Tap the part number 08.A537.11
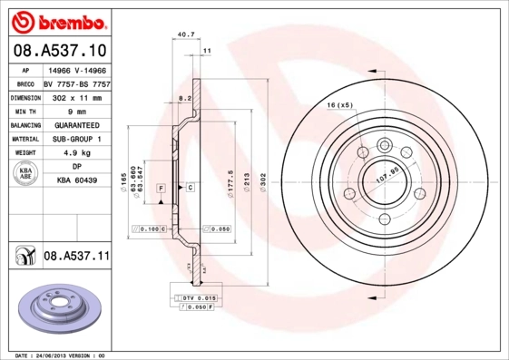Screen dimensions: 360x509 pyautogui.click(x=76, y=257)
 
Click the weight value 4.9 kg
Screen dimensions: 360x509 pyautogui.click(x=77, y=153)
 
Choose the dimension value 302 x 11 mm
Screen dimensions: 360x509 pyautogui.click(x=77, y=96)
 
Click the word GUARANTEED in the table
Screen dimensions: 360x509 pyautogui.click(x=77, y=124)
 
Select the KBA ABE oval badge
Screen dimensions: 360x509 pyautogui.click(x=24, y=174)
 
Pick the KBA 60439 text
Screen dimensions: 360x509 pyautogui.click(x=77, y=181)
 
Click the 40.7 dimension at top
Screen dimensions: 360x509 pyautogui.click(x=185, y=35)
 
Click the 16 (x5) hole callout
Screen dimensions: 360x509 pyautogui.click(x=339, y=106)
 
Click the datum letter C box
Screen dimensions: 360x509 pyautogui.click(x=190, y=187)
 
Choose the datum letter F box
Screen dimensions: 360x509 pyautogui.click(x=161, y=187)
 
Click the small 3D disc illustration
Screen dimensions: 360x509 pyautogui.click(x=57, y=308)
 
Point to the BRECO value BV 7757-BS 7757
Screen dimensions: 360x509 pyautogui.click(x=77, y=82)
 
